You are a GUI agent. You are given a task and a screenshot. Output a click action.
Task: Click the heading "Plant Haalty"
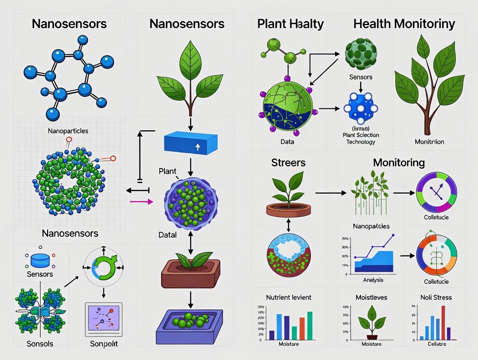tap(290, 23)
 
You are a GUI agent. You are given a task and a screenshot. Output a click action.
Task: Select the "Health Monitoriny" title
tap(404, 23)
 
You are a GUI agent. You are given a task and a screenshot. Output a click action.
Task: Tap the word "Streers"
tap(288, 163)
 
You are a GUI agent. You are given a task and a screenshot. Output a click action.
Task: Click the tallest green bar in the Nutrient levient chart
tap(310, 325)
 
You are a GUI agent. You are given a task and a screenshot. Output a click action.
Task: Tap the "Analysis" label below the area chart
tap(373, 280)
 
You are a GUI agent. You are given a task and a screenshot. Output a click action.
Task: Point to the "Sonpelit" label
tap(104, 344)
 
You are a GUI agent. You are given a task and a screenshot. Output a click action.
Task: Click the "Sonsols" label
tap(40, 344)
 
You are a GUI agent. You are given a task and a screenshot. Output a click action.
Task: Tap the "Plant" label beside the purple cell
tap(168, 171)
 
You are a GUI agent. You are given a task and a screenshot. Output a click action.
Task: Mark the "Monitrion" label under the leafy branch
tap(429, 141)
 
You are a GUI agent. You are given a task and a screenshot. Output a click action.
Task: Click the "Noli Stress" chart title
tap(436, 297)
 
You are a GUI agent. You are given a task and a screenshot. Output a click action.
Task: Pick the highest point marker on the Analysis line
tap(393, 235)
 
